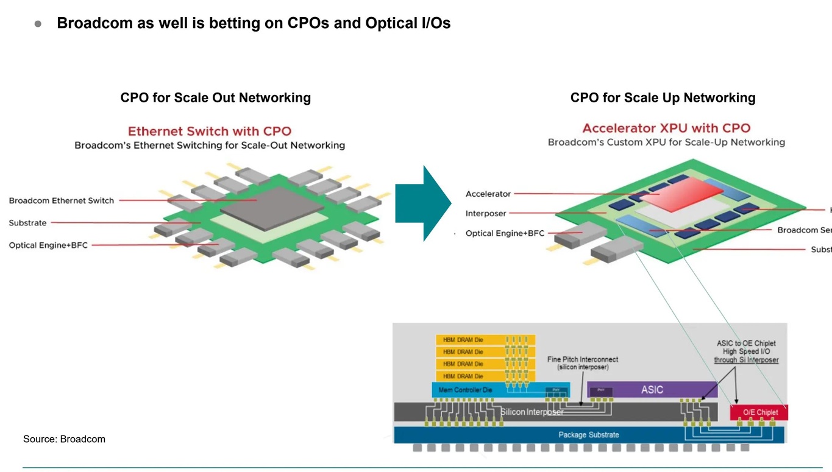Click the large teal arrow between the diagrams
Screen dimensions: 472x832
pos(421,203)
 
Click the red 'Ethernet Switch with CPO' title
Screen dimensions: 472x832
pos(209,131)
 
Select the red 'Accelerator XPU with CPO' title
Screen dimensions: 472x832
pos(666,128)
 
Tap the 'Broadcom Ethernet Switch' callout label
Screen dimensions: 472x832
pos(61,200)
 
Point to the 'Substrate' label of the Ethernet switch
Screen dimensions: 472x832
pos(27,223)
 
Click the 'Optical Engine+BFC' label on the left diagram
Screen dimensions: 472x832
pos(48,245)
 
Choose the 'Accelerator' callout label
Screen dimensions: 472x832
pos(488,194)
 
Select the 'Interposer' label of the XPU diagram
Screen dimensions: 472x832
pos(486,213)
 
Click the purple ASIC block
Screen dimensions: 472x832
pos(652,390)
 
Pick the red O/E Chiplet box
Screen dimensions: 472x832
pos(759,412)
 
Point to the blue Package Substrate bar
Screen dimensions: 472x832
pos(588,435)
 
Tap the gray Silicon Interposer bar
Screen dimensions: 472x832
pos(530,412)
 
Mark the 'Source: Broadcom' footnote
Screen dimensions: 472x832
pos(64,439)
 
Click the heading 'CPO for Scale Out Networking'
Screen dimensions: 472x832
pos(215,97)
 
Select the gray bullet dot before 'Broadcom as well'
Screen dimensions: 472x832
pos(38,24)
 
